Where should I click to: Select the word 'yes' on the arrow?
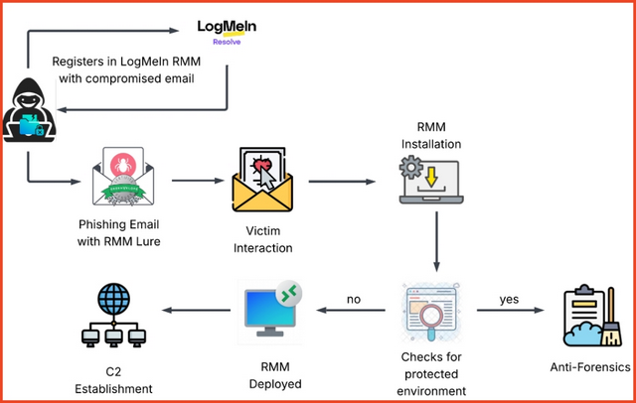(510, 298)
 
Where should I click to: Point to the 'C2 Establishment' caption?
(115, 380)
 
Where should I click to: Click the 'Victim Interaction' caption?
(261, 238)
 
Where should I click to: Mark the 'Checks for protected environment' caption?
(437, 373)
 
